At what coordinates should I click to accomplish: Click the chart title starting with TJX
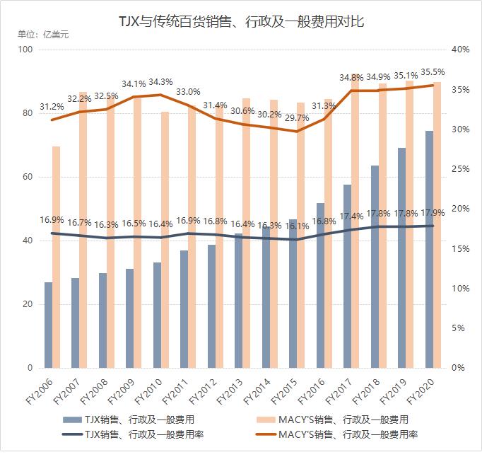pos(241,23)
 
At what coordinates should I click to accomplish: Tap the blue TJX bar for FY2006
pos(48,325)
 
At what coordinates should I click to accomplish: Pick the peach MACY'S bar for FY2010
pos(165,240)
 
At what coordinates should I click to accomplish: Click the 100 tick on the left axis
pos(26,50)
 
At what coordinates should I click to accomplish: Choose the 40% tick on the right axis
pos(461,50)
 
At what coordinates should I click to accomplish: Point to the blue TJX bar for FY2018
pos(374,267)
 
